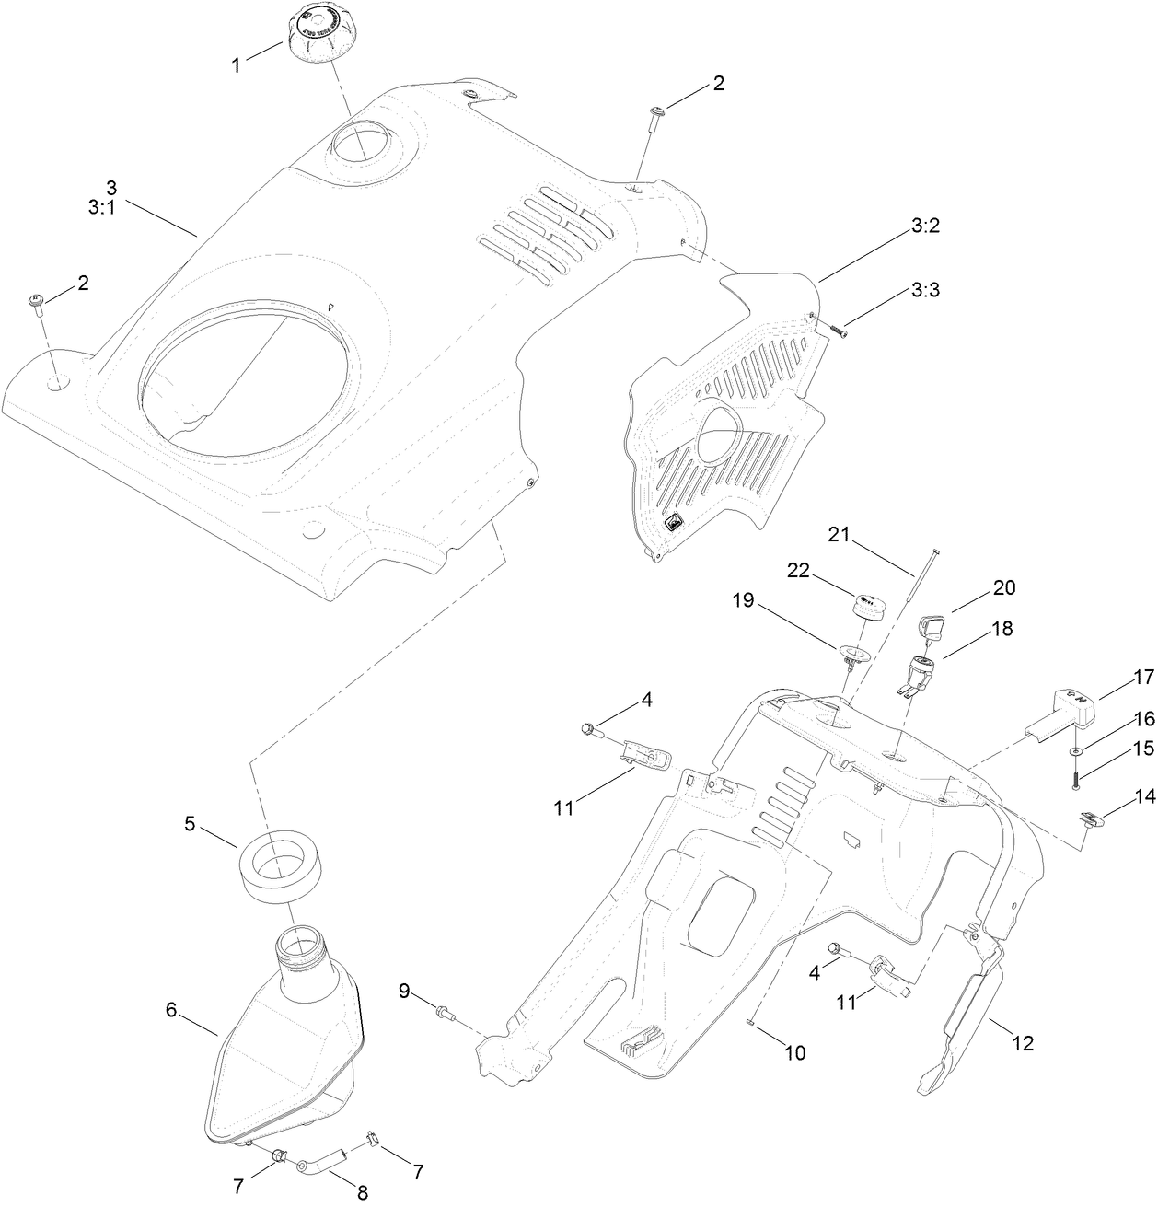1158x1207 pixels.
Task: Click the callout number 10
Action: [x=793, y=1052]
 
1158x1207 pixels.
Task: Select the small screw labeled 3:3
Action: [x=837, y=328]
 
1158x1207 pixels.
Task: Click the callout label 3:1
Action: [x=101, y=208]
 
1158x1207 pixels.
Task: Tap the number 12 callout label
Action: [x=1022, y=1043]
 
